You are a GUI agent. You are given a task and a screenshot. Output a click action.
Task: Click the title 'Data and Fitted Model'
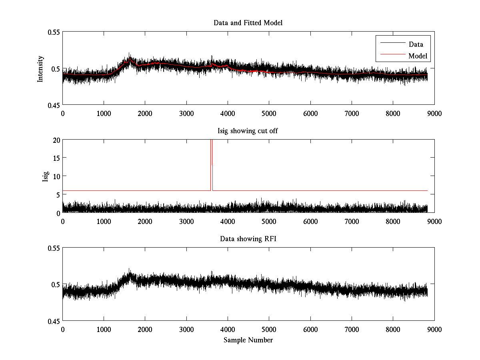tap(248, 23)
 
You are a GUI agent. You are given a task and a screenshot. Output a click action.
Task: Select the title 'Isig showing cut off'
tap(248, 131)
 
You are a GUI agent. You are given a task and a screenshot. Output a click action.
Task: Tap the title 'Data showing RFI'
tap(248, 239)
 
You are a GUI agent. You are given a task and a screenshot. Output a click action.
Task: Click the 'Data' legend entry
tap(416, 44)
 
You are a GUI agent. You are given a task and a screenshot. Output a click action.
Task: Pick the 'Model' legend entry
tap(418, 56)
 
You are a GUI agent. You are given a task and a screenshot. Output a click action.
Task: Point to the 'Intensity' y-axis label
tap(40, 68)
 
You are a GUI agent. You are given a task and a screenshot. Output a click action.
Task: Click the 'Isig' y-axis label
tap(45, 176)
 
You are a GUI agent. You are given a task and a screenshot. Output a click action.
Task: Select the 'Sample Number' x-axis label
tap(248, 340)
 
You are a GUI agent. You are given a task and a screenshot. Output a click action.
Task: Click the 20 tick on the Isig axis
tap(56, 140)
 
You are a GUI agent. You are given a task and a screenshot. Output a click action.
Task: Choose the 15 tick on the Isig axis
tap(56, 158)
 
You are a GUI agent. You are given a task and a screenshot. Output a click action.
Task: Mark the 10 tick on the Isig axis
tap(56, 176)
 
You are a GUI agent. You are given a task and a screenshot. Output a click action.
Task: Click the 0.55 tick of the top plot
tap(53, 32)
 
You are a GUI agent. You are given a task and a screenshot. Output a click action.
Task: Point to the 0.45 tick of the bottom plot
tap(53, 321)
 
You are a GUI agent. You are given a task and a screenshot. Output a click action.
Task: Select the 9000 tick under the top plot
tap(434, 113)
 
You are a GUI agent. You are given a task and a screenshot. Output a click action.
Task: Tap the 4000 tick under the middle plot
tap(228, 221)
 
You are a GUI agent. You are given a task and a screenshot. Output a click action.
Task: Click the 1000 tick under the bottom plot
tap(104, 329)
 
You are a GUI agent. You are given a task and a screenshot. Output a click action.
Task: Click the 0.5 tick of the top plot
tap(55, 68)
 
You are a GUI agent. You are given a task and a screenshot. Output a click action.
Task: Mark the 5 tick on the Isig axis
tap(57, 195)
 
